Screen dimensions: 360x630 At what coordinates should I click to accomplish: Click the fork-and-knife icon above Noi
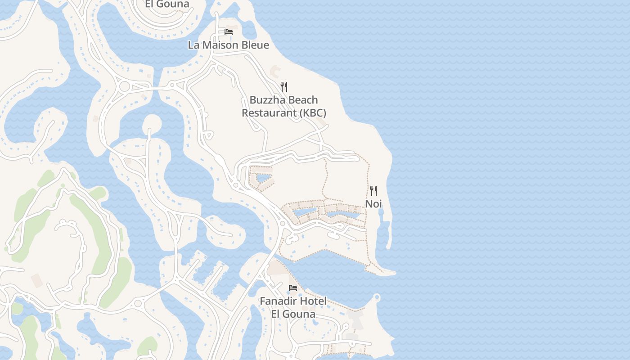(x=373, y=190)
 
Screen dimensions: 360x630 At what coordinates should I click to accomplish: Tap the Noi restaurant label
(x=373, y=204)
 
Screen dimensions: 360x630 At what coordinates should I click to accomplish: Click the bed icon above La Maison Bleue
(x=229, y=32)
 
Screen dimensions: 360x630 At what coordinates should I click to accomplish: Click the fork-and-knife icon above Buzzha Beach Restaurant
(x=284, y=87)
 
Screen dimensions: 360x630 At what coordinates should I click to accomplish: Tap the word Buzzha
(x=265, y=100)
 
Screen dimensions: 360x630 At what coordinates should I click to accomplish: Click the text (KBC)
(x=312, y=112)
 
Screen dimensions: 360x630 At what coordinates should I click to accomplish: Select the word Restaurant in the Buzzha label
(x=269, y=112)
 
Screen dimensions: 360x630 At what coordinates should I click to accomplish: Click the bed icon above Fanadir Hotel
(x=293, y=288)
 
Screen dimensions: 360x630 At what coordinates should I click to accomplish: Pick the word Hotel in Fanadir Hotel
(x=313, y=301)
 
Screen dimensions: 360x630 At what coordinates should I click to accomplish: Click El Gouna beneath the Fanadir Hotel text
(x=293, y=314)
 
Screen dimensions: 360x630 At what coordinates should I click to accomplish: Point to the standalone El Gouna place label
(x=167, y=4)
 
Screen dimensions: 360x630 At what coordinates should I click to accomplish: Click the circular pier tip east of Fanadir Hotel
(x=377, y=297)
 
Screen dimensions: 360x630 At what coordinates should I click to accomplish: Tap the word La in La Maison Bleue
(x=193, y=45)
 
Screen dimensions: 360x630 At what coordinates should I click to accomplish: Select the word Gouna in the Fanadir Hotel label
(x=300, y=314)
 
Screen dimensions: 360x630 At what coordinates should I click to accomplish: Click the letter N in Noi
(x=369, y=204)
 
